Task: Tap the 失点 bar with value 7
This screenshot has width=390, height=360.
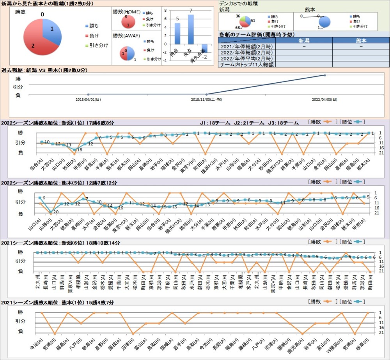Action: pyautogui.click(x=191, y=29)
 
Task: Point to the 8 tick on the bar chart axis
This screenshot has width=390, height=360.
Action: pyautogui.click(x=165, y=11)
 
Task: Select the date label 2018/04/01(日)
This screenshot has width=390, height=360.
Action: pyautogui.click(x=89, y=99)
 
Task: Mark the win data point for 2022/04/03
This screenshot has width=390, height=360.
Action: pyautogui.click(x=325, y=75)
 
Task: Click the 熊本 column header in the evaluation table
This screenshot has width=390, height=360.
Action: pyautogui.click(x=361, y=41)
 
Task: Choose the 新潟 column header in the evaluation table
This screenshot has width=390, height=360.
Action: pyautogui.click(x=304, y=41)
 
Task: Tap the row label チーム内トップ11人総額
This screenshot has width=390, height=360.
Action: pyautogui.click(x=247, y=64)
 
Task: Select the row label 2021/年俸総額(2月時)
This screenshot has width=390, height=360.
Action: pyautogui.click(x=247, y=46)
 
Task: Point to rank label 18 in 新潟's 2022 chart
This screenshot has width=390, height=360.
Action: pyautogui.click(x=79, y=150)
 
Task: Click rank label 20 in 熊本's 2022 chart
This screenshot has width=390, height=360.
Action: pyautogui.click(x=56, y=212)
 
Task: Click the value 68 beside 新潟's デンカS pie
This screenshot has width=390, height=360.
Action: pyautogui.click(x=238, y=28)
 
